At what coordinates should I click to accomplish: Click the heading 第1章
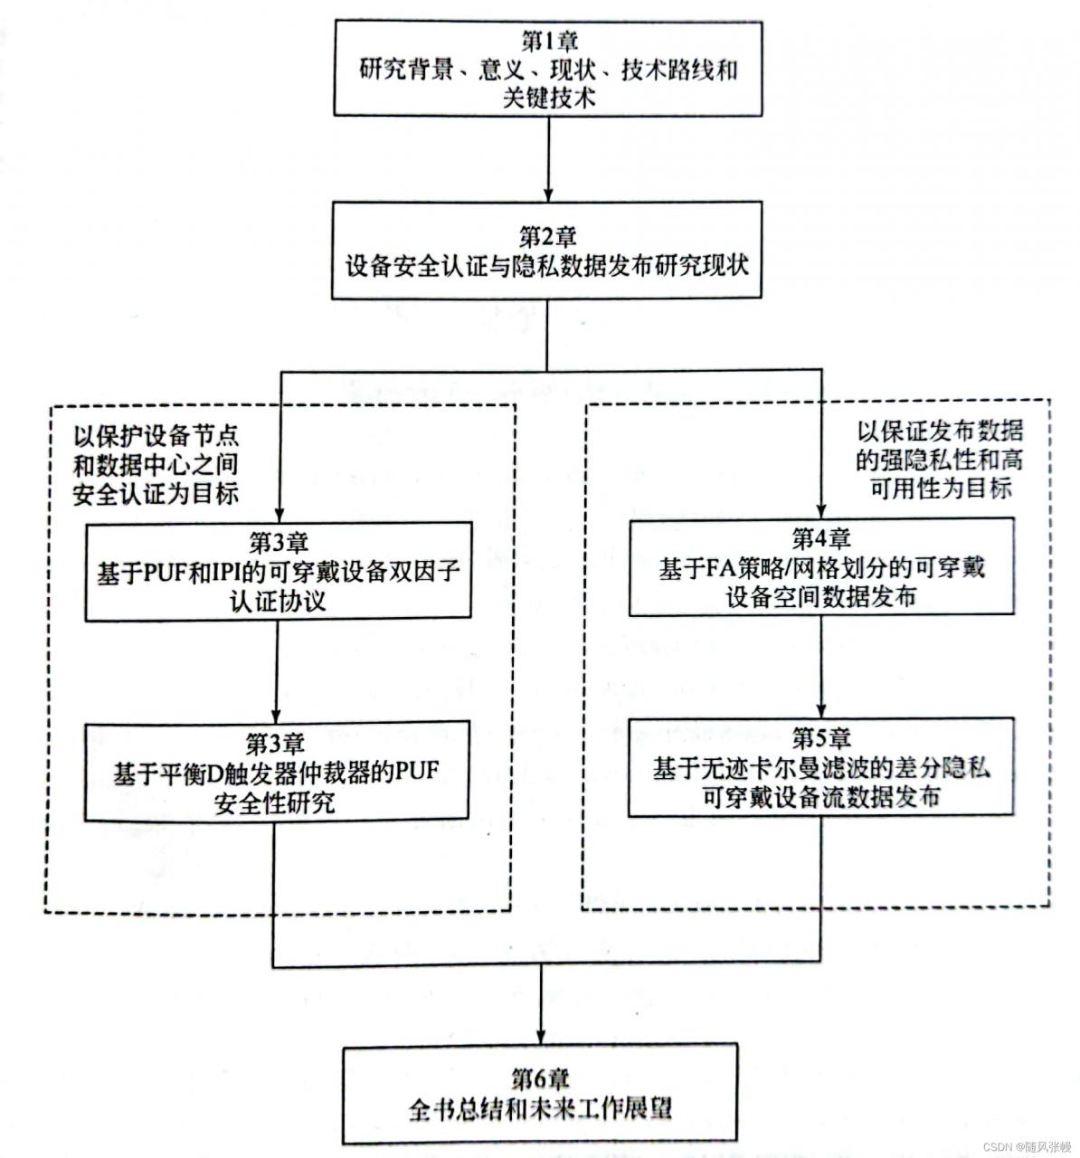coord(549,41)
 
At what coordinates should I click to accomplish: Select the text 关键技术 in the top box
coord(549,98)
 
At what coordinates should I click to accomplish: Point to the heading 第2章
coord(547,237)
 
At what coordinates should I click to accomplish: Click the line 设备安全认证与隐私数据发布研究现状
coord(547,267)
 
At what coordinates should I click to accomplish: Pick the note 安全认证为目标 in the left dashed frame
coord(156,493)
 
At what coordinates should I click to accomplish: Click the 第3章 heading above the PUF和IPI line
coord(279,543)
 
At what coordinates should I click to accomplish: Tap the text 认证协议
coord(278,601)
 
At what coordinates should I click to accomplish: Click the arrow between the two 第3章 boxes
coord(278,669)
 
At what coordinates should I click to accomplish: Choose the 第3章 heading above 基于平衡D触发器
coord(276,744)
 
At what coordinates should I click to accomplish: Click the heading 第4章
coord(821,539)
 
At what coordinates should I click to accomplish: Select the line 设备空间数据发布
coord(820,597)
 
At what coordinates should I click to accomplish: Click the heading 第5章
coord(821,738)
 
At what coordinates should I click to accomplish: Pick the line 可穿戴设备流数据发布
coord(820,797)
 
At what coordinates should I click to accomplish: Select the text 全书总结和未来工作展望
coord(541,1108)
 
